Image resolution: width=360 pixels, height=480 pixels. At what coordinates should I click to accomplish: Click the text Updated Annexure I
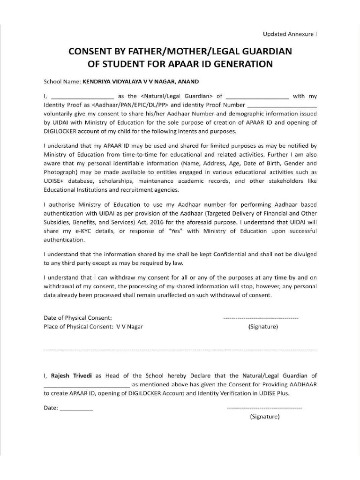pos(290,34)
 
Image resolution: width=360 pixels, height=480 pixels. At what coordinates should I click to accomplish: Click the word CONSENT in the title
pos(88,51)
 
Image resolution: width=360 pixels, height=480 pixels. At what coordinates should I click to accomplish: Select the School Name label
pos(62,81)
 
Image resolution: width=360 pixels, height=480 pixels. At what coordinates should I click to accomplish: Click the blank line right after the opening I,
pos(79,97)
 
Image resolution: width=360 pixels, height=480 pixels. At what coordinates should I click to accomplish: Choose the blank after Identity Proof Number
pos(282,105)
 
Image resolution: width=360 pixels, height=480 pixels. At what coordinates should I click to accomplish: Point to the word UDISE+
pos(54,181)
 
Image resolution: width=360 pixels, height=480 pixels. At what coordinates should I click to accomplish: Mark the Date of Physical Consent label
pos(78,318)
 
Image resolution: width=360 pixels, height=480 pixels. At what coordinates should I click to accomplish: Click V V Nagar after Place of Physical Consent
pos(129,326)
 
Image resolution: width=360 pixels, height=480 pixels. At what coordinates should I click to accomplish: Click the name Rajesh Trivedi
pos(72,375)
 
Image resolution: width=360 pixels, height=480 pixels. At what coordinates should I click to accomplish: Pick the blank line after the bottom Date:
pos(76,408)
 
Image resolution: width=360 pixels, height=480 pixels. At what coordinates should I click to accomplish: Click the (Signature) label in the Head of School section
pos(265,416)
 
